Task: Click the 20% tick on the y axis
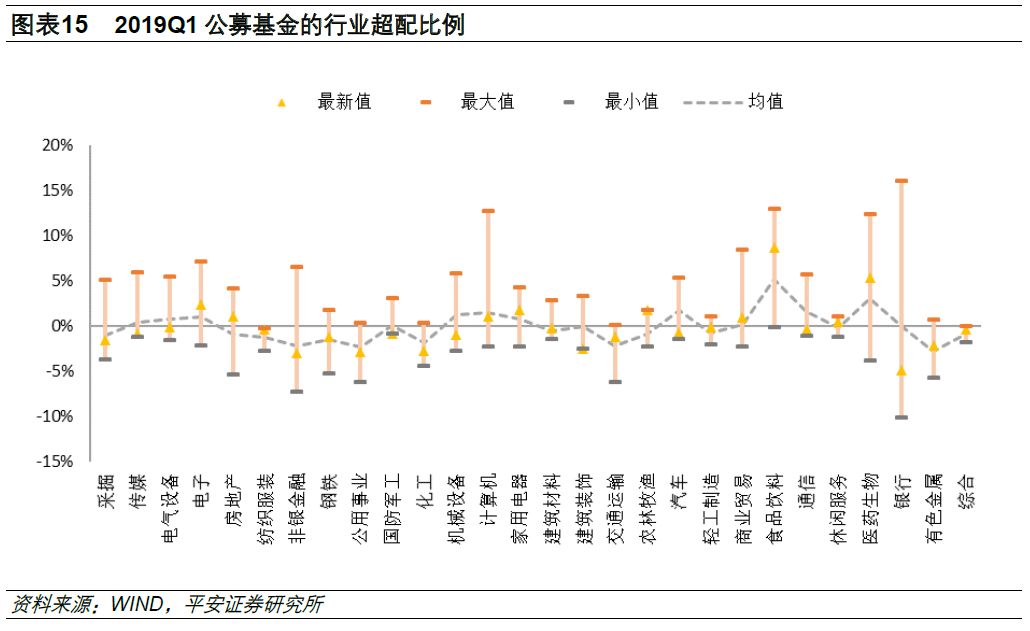(57, 146)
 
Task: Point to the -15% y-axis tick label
(55, 462)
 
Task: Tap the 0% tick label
(62, 326)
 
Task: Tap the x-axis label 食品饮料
(774, 508)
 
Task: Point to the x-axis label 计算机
(488, 497)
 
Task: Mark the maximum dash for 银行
(901, 181)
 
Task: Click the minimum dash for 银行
(901, 417)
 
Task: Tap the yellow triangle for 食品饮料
(774, 248)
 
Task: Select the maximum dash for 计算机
(488, 211)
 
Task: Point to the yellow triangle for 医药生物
(870, 278)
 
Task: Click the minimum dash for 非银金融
(297, 391)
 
